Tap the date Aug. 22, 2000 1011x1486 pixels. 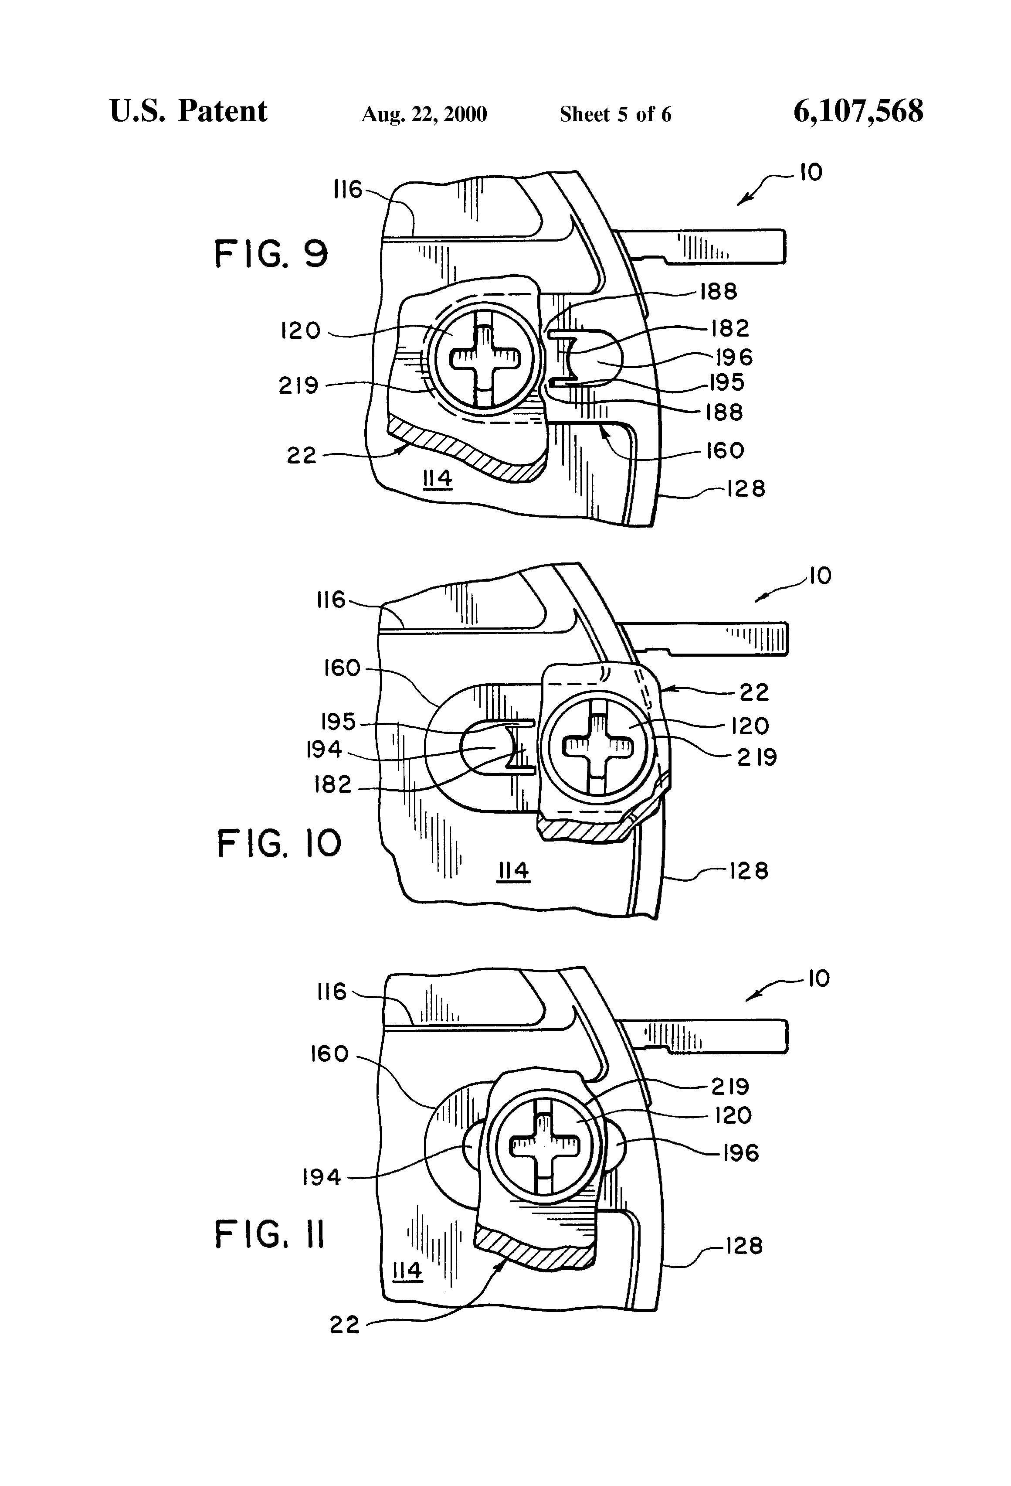(424, 114)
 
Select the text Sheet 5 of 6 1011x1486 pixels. (615, 114)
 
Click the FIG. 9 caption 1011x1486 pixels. (271, 254)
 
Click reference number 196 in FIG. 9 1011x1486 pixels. (734, 357)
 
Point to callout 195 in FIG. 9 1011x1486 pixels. (726, 382)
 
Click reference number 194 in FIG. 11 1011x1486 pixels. (322, 1177)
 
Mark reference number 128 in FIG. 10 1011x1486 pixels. (749, 871)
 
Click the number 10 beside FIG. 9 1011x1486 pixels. (811, 173)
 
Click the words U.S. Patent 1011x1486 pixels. (189, 111)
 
